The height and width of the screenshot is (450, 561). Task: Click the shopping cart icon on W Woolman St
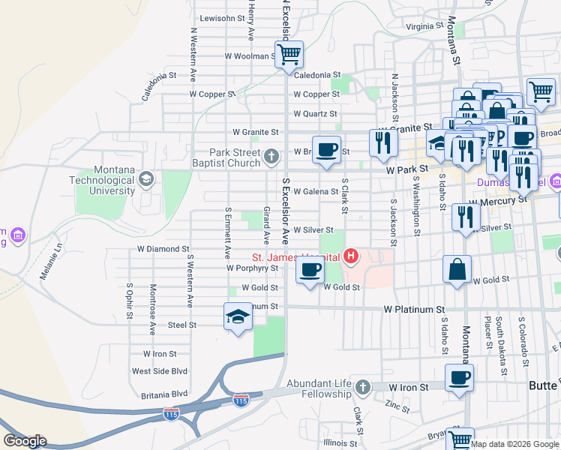289,53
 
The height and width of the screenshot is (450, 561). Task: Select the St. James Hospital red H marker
350,256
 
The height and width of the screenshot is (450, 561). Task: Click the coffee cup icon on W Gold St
309,270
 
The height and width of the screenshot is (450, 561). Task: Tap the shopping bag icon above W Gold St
457,268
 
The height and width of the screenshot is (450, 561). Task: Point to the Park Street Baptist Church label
226,157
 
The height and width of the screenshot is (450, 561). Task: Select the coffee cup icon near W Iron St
459,378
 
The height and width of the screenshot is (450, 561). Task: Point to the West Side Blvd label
159,371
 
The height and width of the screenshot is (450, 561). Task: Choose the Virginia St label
409,26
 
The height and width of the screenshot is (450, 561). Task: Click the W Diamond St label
163,249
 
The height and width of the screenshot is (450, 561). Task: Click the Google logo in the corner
25,441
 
